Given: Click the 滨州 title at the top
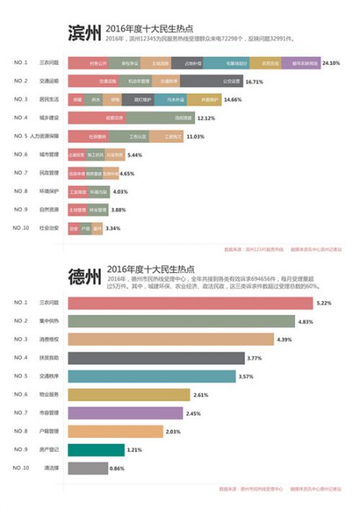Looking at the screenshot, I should tap(84, 34).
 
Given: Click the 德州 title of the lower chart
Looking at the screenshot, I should tap(84, 278).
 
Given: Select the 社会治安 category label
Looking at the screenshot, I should tap(50, 228).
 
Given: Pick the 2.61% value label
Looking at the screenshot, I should tap(202, 395).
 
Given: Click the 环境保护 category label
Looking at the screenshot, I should tap(50, 192).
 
